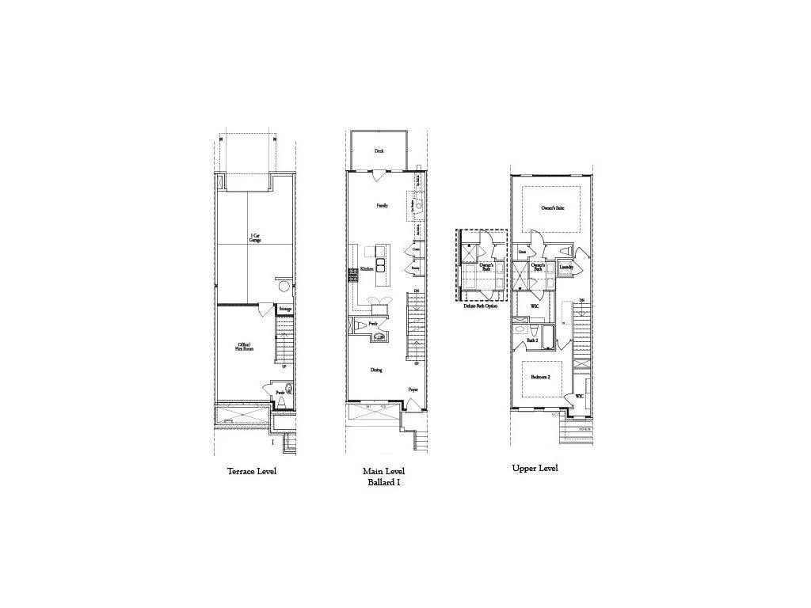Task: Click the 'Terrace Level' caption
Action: pos(252,471)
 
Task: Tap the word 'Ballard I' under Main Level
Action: pos(383,481)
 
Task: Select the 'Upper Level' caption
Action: pos(535,468)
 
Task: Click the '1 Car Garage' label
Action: pos(255,237)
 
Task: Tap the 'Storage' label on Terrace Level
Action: pos(285,309)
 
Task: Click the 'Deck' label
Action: pos(379,150)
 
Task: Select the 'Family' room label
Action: pos(382,205)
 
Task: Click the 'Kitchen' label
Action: pos(367,269)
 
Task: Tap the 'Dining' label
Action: pos(376,370)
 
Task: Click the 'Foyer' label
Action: pos(413,390)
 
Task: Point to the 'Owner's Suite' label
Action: pos(552,208)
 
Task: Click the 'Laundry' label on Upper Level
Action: pos(566,267)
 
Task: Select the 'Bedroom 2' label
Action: pos(542,377)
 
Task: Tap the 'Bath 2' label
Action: pos(532,340)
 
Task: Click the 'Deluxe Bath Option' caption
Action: pos(481,306)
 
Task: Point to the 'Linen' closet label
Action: pos(523,253)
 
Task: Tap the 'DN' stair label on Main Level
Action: pos(417,291)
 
